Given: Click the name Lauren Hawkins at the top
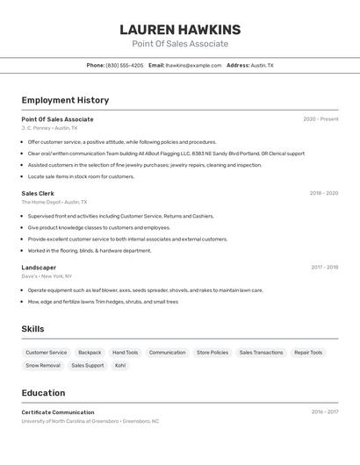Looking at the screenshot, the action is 179,30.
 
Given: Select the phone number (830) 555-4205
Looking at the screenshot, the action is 125,65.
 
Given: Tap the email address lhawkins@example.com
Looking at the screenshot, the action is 194,65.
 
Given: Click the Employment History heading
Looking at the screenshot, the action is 65,100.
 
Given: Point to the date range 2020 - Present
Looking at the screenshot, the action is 320,119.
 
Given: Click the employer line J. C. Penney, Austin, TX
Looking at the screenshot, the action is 49,128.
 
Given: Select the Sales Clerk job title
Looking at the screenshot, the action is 38,193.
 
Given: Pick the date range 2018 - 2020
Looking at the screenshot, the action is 323,193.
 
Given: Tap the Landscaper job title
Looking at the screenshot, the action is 39,268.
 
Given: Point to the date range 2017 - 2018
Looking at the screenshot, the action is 324,268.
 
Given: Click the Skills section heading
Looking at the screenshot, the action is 33,329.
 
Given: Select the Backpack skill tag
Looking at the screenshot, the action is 90,353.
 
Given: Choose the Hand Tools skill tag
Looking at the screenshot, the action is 125,353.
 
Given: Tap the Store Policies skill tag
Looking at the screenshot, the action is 212,353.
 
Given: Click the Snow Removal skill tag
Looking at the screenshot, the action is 43,365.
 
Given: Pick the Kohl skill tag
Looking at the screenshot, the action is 120,365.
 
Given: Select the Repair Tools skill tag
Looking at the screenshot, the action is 308,353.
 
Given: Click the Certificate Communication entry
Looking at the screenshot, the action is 58,412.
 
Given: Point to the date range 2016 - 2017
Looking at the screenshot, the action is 324,411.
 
